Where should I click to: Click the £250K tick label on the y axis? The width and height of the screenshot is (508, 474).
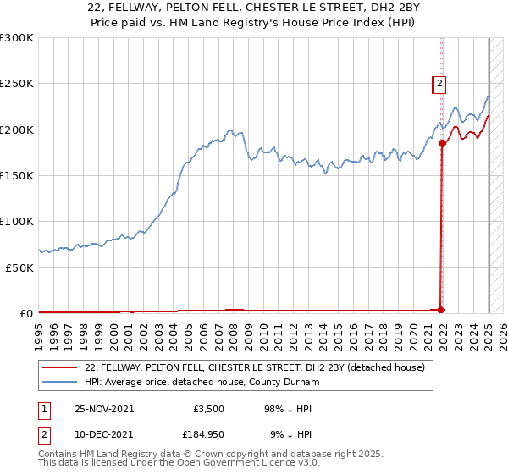pos(16,84)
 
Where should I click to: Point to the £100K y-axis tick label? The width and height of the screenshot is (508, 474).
pos(16,221)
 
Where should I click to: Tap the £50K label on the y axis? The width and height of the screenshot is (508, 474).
pos(19,267)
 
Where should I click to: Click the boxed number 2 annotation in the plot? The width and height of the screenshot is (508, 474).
pos(439,83)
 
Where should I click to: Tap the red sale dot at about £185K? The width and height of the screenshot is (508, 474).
pos(442,143)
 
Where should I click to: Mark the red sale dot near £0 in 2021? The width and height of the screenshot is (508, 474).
pos(441,309)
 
